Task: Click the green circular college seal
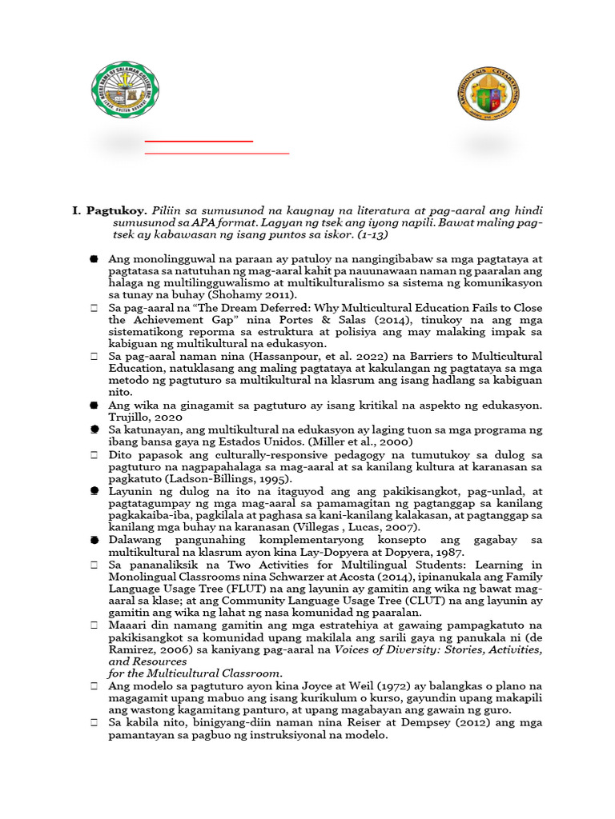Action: point(125,90)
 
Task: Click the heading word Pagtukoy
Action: point(116,210)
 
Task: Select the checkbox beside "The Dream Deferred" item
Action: point(94,308)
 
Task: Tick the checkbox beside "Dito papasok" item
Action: point(94,454)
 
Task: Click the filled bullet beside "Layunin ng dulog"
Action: point(94,491)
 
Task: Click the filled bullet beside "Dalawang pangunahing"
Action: point(94,540)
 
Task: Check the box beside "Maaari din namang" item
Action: point(94,625)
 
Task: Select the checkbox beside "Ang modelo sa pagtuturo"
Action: point(94,686)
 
